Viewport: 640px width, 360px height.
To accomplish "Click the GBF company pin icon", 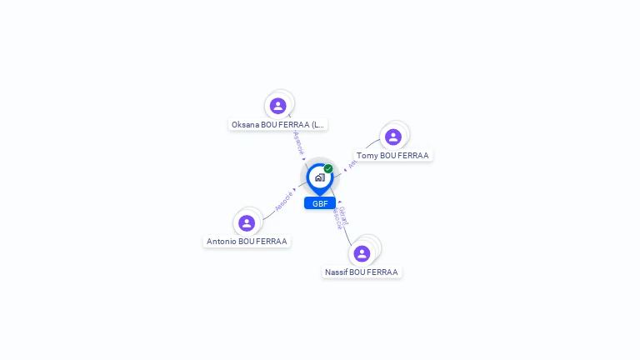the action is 319,177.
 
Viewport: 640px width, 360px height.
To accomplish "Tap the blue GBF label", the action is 320,203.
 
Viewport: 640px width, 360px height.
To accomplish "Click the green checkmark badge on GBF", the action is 328,168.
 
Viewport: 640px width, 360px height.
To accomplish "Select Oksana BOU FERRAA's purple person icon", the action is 278,106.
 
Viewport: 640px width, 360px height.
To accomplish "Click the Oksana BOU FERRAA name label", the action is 278,125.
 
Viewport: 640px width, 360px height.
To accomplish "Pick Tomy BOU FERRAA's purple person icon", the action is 393,137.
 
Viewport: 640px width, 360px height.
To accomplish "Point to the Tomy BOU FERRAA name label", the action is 392,156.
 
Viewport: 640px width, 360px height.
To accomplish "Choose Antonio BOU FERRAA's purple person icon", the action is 247,223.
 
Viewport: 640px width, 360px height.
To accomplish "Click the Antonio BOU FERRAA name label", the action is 247,242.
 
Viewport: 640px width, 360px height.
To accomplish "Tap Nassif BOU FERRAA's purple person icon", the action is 362,253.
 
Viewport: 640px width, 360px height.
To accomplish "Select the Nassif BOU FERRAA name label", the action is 362,272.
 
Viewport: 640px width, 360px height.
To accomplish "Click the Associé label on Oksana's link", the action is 298,141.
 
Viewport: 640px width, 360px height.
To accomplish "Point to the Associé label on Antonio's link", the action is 284,200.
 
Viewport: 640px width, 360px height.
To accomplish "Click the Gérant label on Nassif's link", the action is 344,215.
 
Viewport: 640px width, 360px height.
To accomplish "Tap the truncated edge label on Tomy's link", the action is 352,164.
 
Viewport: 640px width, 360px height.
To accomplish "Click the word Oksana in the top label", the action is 245,125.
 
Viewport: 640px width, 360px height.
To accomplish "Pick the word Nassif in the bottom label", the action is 336,272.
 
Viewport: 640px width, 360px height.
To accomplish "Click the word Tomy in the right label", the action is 367,156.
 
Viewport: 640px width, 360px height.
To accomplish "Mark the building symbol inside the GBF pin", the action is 319,177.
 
